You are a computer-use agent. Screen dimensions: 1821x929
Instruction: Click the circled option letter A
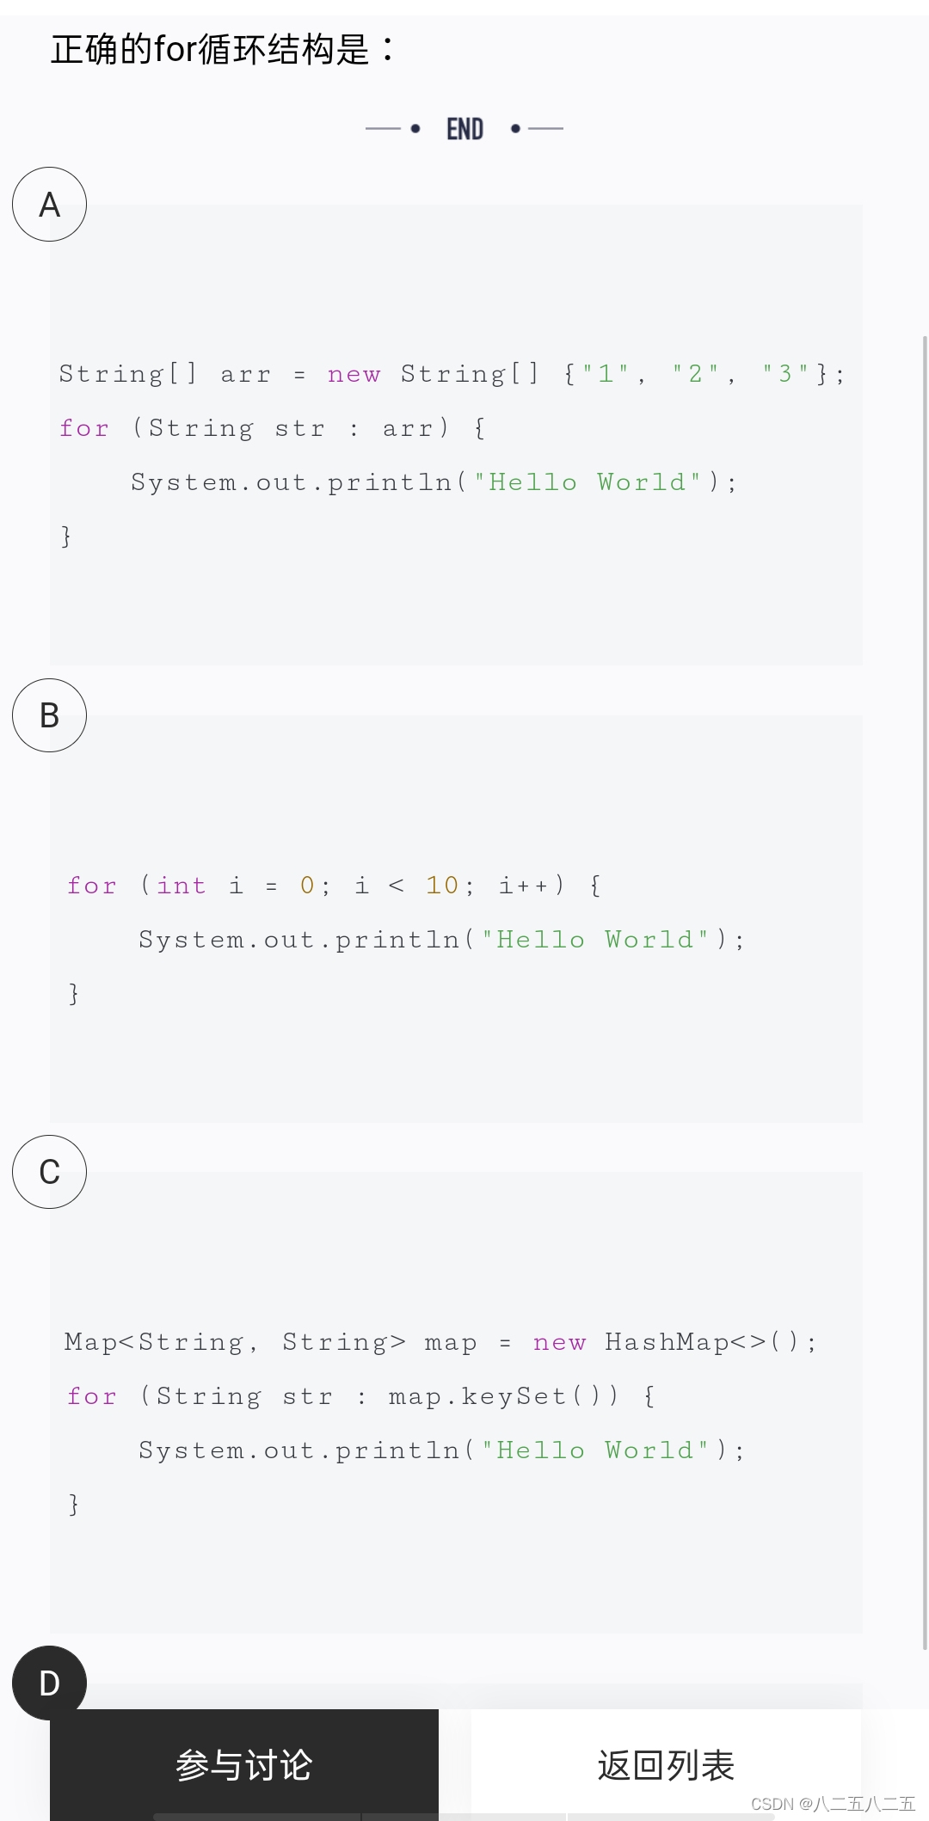click(49, 205)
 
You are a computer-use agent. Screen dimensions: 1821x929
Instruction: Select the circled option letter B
click(49, 715)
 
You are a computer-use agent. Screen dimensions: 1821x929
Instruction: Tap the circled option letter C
click(49, 1172)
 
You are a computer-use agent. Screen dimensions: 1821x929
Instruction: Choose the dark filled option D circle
click(49, 1682)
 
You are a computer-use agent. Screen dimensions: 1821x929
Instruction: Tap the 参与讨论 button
click(244, 1764)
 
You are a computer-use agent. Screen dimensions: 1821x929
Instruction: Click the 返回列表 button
click(666, 1764)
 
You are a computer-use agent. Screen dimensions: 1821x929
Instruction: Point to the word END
click(464, 129)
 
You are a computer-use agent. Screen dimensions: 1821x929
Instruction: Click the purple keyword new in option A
click(354, 374)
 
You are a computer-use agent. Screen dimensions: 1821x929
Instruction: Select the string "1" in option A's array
click(606, 374)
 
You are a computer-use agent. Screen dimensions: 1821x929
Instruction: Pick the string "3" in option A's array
click(785, 374)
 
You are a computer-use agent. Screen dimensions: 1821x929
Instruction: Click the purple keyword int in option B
click(181, 886)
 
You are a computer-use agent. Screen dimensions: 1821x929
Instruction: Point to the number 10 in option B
click(442, 886)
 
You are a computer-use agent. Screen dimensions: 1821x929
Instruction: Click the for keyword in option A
click(84, 428)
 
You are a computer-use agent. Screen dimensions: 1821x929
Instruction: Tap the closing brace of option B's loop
click(74, 994)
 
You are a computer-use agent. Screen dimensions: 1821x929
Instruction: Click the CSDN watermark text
click(833, 1803)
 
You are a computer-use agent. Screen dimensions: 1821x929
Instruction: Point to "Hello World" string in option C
click(595, 1450)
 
